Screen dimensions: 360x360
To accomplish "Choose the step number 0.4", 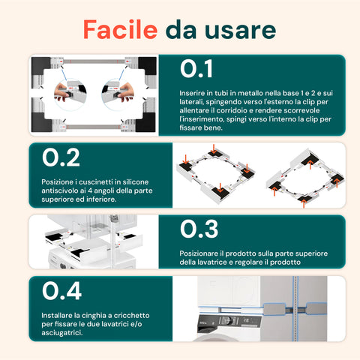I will tap(61, 291).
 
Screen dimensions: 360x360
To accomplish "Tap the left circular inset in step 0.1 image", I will tap(67, 91).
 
